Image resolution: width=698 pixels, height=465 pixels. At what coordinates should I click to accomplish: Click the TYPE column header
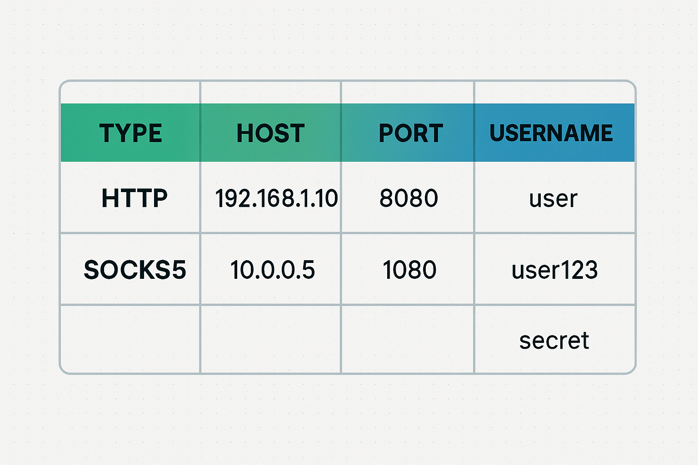pos(130,133)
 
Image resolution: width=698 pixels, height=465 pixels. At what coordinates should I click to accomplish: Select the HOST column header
pos(270,133)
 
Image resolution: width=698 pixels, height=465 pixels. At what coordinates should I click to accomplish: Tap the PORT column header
pos(411,133)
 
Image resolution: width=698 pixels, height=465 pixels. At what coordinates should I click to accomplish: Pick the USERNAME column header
pos(551,133)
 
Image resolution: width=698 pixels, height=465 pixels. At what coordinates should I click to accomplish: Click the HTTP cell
pos(135,198)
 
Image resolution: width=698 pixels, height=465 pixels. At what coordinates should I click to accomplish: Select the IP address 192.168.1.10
pos(276,198)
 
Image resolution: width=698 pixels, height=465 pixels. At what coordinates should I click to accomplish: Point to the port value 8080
pos(409,198)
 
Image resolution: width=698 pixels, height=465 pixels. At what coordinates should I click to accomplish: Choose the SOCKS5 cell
pos(135,270)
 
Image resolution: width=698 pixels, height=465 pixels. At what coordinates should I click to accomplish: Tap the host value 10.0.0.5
pos(273,270)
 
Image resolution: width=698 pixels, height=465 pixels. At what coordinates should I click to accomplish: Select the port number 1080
pos(409,270)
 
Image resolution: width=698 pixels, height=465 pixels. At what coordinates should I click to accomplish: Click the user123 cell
pos(555,270)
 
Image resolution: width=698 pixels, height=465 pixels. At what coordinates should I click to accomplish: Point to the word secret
pos(554,341)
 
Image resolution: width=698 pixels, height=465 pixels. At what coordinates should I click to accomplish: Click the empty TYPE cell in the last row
pos(130,339)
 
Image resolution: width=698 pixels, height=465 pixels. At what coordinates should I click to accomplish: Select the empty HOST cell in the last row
pos(270,339)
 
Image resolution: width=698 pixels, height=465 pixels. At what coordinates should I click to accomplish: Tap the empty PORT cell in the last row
pos(408,339)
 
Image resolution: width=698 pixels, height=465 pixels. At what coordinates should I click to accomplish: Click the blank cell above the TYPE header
pos(130,93)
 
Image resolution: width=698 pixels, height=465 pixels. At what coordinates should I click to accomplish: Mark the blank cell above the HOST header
pos(270,93)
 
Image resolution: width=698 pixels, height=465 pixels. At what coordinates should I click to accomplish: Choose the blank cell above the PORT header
pos(408,93)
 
